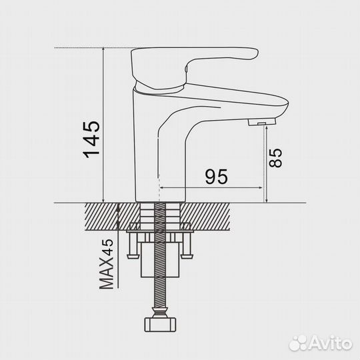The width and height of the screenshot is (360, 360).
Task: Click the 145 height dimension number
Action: pyautogui.click(x=91, y=139)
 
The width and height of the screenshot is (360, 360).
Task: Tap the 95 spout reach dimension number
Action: pyautogui.click(x=217, y=177)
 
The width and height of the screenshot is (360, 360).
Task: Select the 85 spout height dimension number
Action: pyautogui.click(x=275, y=158)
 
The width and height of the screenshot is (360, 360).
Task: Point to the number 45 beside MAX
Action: pyautogui.click(x=107, y=247)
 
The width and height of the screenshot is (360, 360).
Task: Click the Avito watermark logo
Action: pyautogui.click(x=320, y=343)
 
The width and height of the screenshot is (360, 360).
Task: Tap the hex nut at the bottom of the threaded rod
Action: pyautogui.click(x=160, y=325)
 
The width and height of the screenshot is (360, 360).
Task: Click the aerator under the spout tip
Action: pyautogui.click(x=262, y=122)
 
